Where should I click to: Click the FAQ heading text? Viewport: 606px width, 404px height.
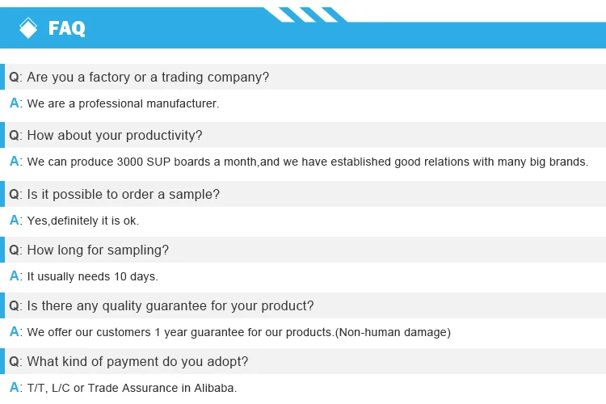67,28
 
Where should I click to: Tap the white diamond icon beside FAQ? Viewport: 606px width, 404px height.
28,27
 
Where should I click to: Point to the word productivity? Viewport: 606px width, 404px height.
164,135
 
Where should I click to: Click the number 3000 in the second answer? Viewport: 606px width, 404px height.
130,162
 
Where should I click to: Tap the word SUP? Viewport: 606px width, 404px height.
158,162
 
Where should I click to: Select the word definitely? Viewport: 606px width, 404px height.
74,221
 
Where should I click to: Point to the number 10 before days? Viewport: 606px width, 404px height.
120,276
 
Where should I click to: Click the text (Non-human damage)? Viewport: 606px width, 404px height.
393,332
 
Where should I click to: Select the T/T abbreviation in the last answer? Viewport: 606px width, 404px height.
37,388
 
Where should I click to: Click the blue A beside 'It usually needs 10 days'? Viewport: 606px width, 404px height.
15,276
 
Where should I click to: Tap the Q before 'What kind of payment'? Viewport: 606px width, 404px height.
14,362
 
